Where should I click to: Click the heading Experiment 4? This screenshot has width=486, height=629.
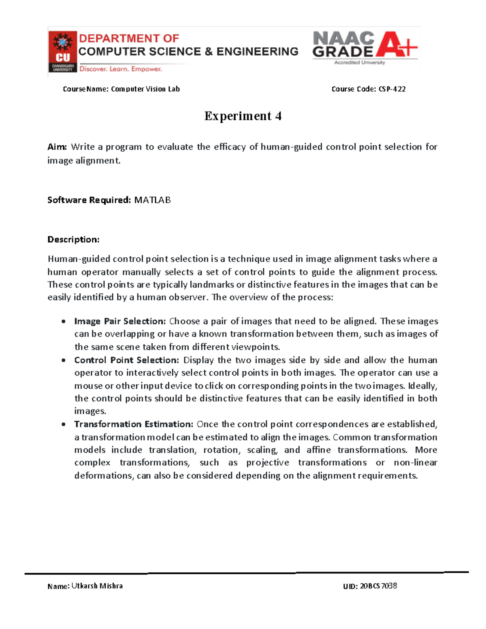243,116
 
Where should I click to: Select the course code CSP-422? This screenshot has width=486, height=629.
392,89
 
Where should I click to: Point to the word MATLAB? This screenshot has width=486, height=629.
152,200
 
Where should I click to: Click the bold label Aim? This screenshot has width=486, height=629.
57,147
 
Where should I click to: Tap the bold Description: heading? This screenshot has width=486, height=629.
73,240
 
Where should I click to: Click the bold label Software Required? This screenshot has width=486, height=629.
89,200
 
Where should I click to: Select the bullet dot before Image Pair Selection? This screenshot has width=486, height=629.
64,322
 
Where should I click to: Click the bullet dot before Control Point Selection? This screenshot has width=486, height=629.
64,360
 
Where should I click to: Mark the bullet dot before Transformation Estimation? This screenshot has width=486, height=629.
64,424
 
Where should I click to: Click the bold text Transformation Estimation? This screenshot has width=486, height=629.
134,424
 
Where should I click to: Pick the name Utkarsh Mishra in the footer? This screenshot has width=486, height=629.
97,586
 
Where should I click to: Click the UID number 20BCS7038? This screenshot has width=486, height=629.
378,586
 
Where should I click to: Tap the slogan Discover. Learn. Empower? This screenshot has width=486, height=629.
120,69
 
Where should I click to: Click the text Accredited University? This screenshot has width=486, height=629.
360,63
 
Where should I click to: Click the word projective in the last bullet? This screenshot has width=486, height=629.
268,463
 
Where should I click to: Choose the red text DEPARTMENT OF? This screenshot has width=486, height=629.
129,38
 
